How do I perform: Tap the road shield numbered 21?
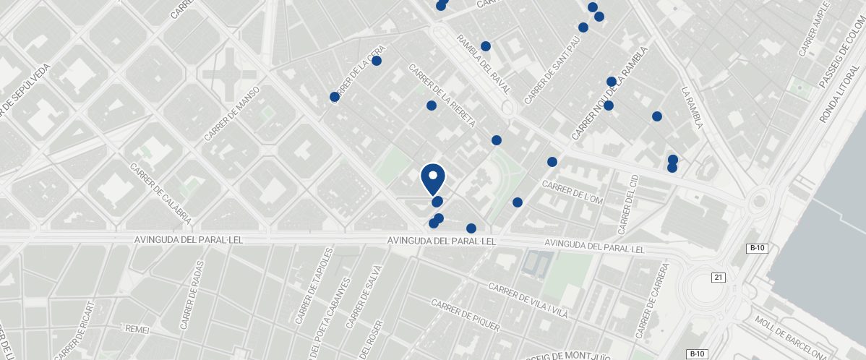point(719,278)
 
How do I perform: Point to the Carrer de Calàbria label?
point(160,193)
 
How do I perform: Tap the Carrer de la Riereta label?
point(442,95)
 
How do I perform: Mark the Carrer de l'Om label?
point(572,192)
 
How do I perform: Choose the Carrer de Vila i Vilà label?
point(528,299)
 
